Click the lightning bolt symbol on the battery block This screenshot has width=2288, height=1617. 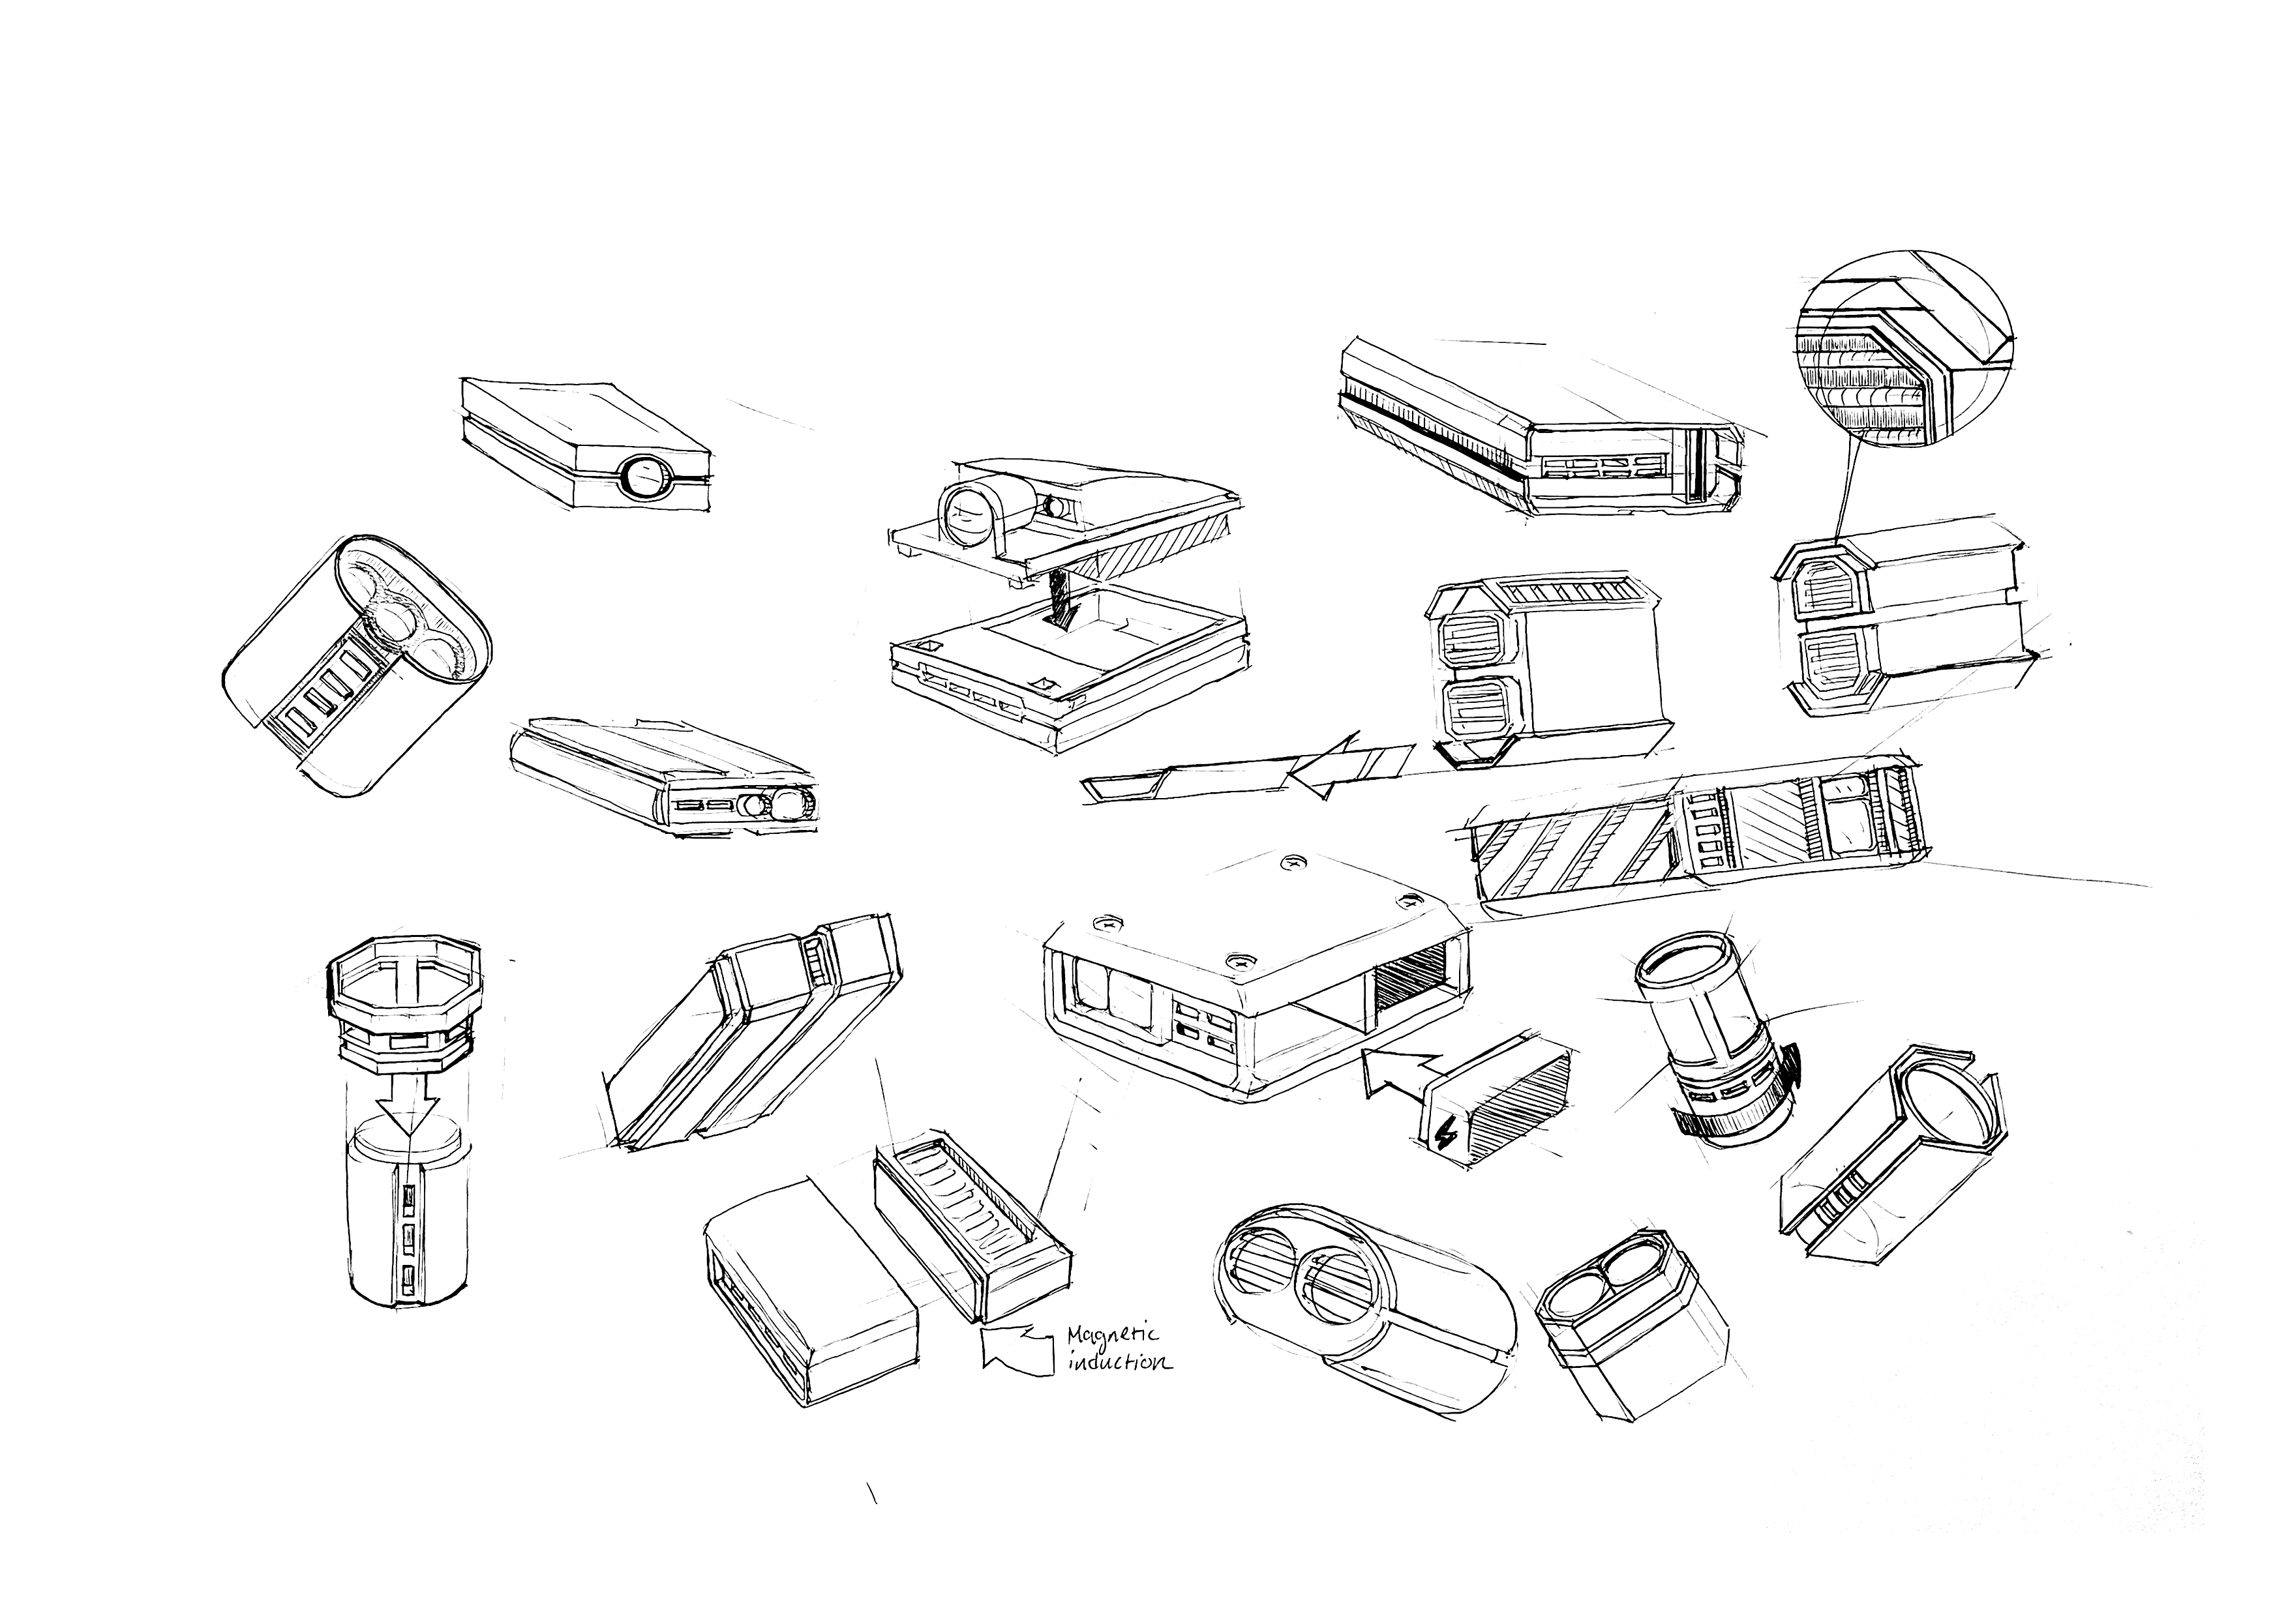(1445, 1135)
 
